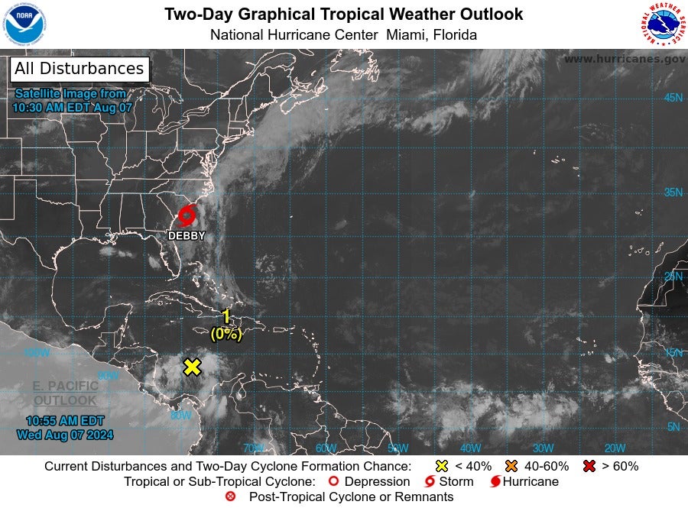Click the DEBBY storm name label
click(187, 236)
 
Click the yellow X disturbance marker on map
click(192, 367)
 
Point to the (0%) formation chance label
click(226, 334)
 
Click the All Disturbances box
click(80, 69)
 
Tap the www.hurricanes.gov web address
click(625, 59)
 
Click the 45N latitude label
click(673, 98)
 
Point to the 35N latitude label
click(673, 193)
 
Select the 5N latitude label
click(673, 427)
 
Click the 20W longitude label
click(615, 448)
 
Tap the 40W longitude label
click(470, 448)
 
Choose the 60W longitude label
click(326, 448)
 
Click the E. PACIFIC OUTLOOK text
click(65, 393)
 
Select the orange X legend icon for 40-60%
click(511, 466)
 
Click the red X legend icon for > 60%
click(589, 466)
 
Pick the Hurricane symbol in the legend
click(495, 482)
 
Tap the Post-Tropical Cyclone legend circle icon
click(230, 497)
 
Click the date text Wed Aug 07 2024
click(65, 435)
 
